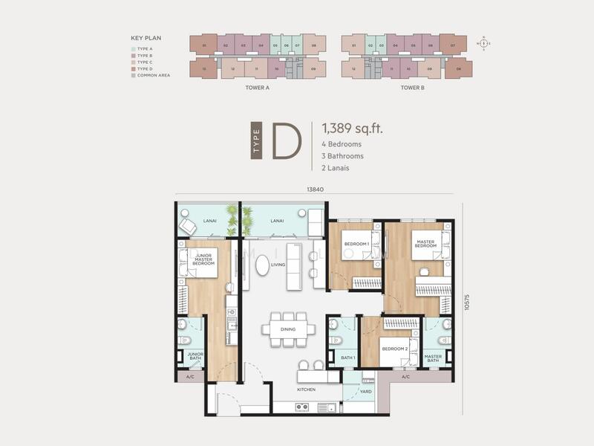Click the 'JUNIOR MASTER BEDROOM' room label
click(x=203, y=259)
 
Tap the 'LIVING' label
click(x=278, y=264)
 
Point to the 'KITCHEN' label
click(x=306, y=390)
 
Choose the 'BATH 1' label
click(x=348, y=358)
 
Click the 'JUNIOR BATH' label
click(x=195, y=357)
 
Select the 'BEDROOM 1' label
click(x=356, y=245)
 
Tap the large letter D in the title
click(x=285, y=140)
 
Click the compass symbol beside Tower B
click(x=484, y=43)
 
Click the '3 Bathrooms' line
click(x=343, y=156)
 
